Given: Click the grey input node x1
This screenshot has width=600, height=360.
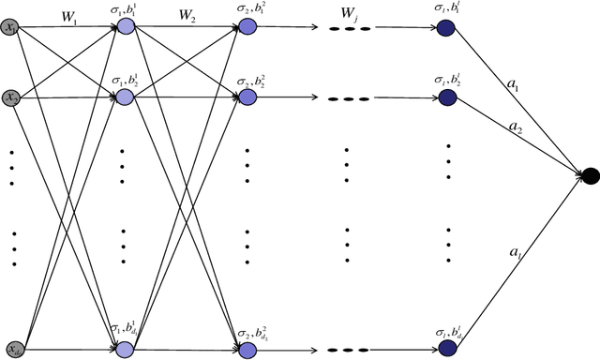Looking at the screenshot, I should (x=11, y=28).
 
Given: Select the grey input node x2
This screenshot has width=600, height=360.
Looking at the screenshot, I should (x=11, y=97).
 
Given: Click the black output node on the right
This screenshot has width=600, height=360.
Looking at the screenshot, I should (x=591, y=173).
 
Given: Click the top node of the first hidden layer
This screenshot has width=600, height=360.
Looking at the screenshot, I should (x=124, y=28).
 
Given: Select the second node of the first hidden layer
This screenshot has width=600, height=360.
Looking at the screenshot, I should (x=124, y=97).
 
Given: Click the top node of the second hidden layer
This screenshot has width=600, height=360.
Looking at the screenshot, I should (x=246, y=28).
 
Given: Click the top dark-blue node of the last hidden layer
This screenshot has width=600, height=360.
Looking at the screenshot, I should (x=447, y=28).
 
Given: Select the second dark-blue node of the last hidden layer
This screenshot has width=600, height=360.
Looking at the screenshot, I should (x=447, y=97).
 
